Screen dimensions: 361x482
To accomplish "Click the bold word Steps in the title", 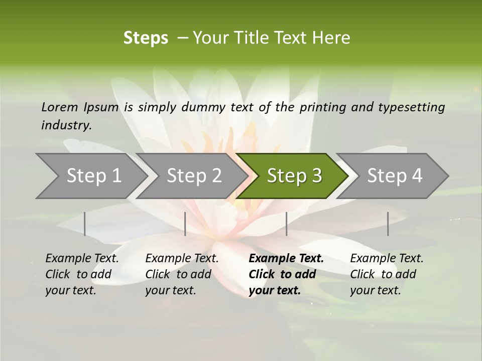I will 146,38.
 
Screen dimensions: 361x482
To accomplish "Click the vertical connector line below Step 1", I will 84,224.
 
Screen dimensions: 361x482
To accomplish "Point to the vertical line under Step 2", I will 185,224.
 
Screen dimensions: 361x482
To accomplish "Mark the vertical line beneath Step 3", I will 286,224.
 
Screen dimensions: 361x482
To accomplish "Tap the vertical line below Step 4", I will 388,224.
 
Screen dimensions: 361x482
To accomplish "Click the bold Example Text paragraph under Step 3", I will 286,274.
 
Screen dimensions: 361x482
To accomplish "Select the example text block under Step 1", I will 82,274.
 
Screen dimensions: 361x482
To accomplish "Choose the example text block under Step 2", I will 182,274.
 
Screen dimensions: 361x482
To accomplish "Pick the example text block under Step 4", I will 386,274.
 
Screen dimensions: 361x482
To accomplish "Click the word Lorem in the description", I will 59,107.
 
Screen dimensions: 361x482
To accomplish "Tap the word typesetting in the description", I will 416,107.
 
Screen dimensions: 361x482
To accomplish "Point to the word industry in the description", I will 65,125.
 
